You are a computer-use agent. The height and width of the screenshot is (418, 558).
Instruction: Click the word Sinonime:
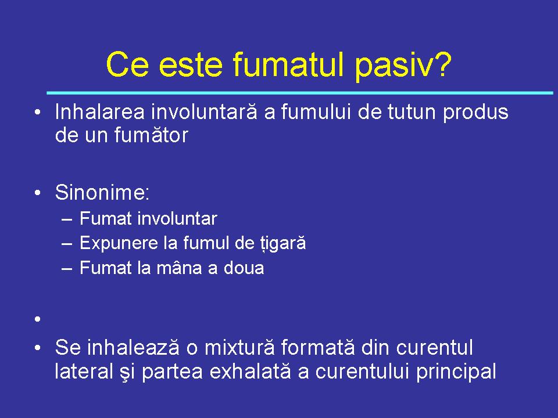click(102, 192)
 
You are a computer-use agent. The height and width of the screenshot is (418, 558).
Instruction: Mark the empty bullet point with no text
click(38, 319)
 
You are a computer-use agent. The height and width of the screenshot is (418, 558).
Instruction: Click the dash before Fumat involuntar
click(67, 219)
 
